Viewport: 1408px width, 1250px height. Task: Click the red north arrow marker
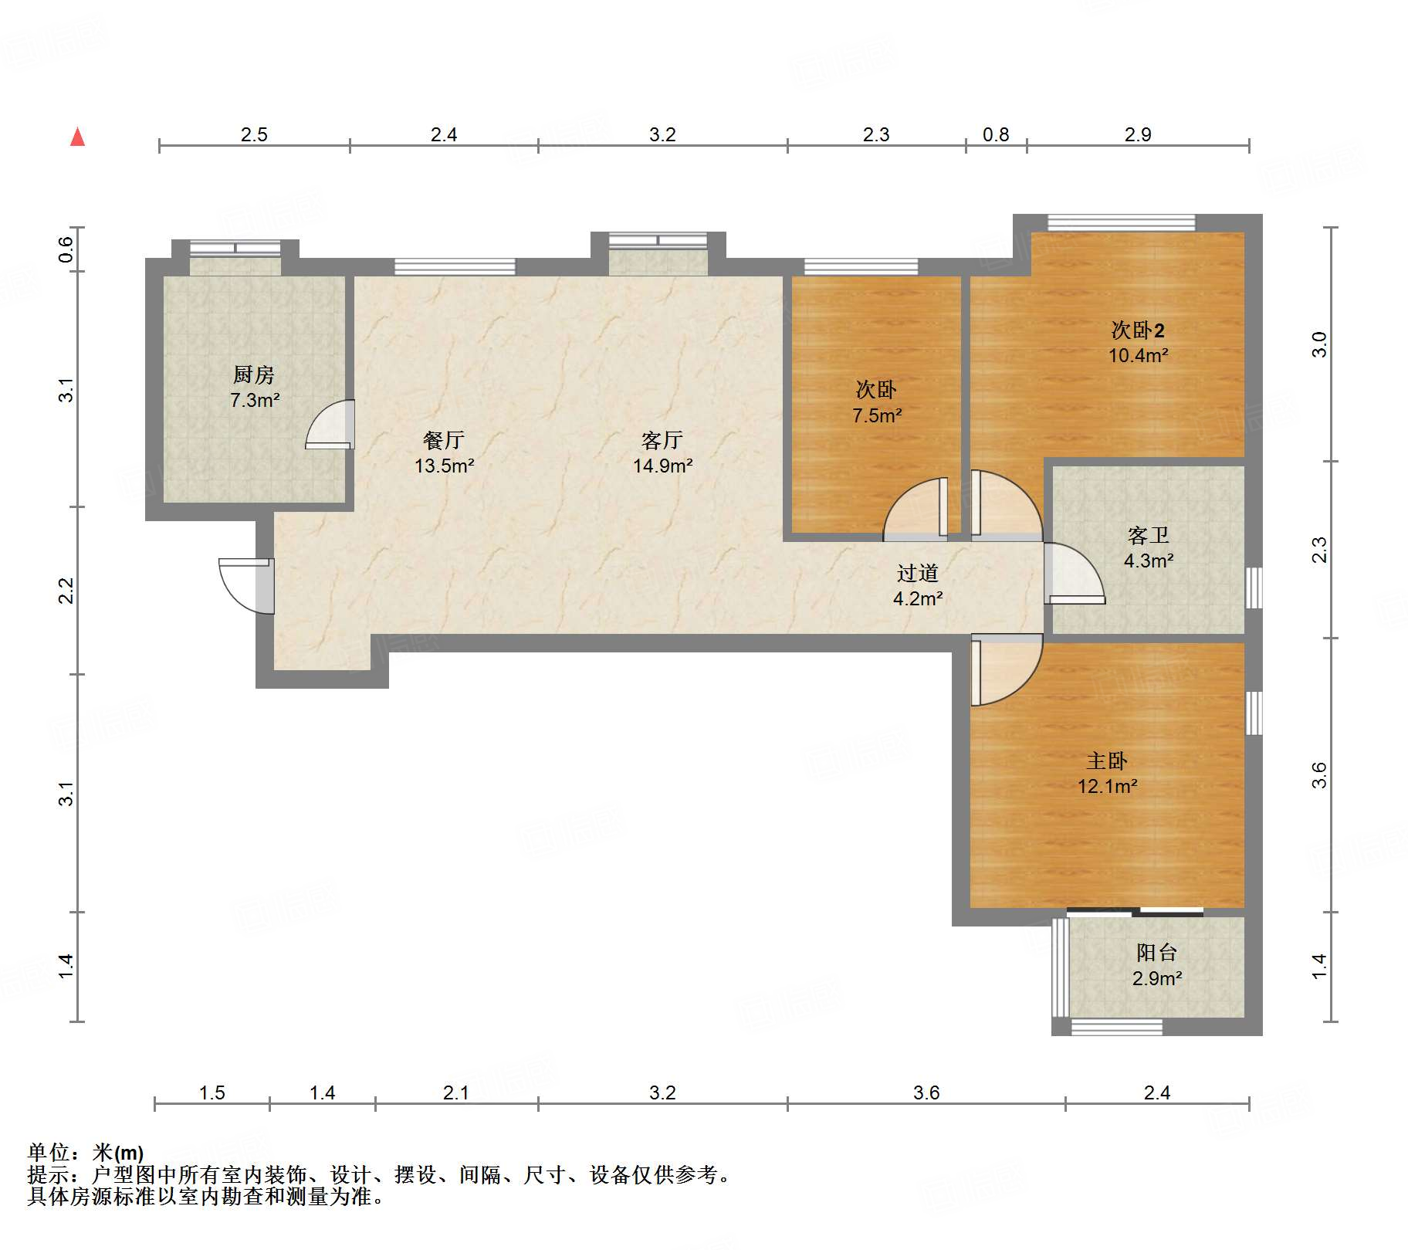[x=77, y=137]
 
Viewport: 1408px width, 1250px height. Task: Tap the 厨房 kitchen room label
[x=254, y=374]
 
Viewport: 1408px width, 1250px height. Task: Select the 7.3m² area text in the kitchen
[x=255, y=400]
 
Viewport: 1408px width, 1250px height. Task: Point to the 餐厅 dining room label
[x=444, y=440]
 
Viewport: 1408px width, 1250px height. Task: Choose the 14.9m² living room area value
[x=662, y=466]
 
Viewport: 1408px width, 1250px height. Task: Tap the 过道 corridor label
[x=918, y=573]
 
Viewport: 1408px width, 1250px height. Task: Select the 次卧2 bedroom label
[x=1138, y=330]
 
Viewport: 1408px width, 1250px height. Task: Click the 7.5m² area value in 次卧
[x=877, y=415]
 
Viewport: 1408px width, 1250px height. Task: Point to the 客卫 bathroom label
[x=1149, y=535]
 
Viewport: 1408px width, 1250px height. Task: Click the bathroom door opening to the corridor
[x=1075, y=573]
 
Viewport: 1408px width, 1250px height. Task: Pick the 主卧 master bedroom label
[x=1107, y=761]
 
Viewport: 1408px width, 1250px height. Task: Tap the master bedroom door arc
[x=1007, y=670]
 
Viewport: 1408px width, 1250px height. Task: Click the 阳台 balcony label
[x=1156, y=953]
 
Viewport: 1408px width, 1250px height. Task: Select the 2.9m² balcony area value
[x=1157, y=978]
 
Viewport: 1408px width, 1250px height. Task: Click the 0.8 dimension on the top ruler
[x=996, y=135]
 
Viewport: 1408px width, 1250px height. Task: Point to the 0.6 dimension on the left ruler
[x=66, y=249]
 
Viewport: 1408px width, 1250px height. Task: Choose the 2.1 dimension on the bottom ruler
[x=456, y=1092]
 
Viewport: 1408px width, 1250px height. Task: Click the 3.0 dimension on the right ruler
[x=1319, y=344]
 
